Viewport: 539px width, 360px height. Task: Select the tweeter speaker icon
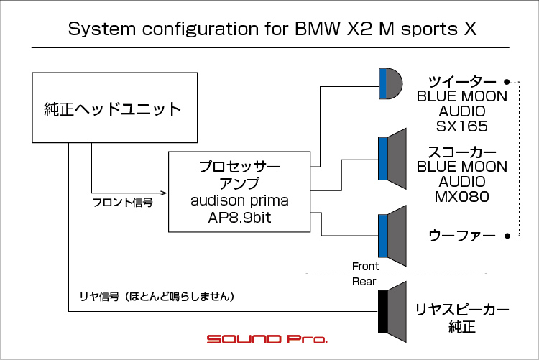[x=390, y=83]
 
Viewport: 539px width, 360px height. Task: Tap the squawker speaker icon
[x=392, y=159]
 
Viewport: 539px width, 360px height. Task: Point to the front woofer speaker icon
[x=392, y=236]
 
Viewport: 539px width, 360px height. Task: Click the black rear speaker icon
[x=392, y=312]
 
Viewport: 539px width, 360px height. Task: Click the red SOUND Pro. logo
[x=267, y=339]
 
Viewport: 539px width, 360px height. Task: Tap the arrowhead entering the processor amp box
[x=164, y=193]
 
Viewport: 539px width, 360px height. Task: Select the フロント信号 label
[x=123, y=202]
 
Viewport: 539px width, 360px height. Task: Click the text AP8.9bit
[x=239, y=217]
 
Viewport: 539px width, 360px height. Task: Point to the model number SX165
[x=461, y=126]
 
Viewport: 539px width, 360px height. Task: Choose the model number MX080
[x=461, y=197]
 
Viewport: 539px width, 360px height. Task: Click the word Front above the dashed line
[x=365, y=266]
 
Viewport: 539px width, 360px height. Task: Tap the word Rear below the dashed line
[x=364, y=282]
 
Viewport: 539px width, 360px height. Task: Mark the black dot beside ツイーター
[x=507, y=82]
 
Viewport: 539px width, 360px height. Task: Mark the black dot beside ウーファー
[x=507, y=236]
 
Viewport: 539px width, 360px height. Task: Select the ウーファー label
[x=462, y=236]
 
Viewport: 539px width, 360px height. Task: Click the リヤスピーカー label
[x=462, y=310]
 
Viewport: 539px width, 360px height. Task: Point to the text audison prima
[x=239, y=200]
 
